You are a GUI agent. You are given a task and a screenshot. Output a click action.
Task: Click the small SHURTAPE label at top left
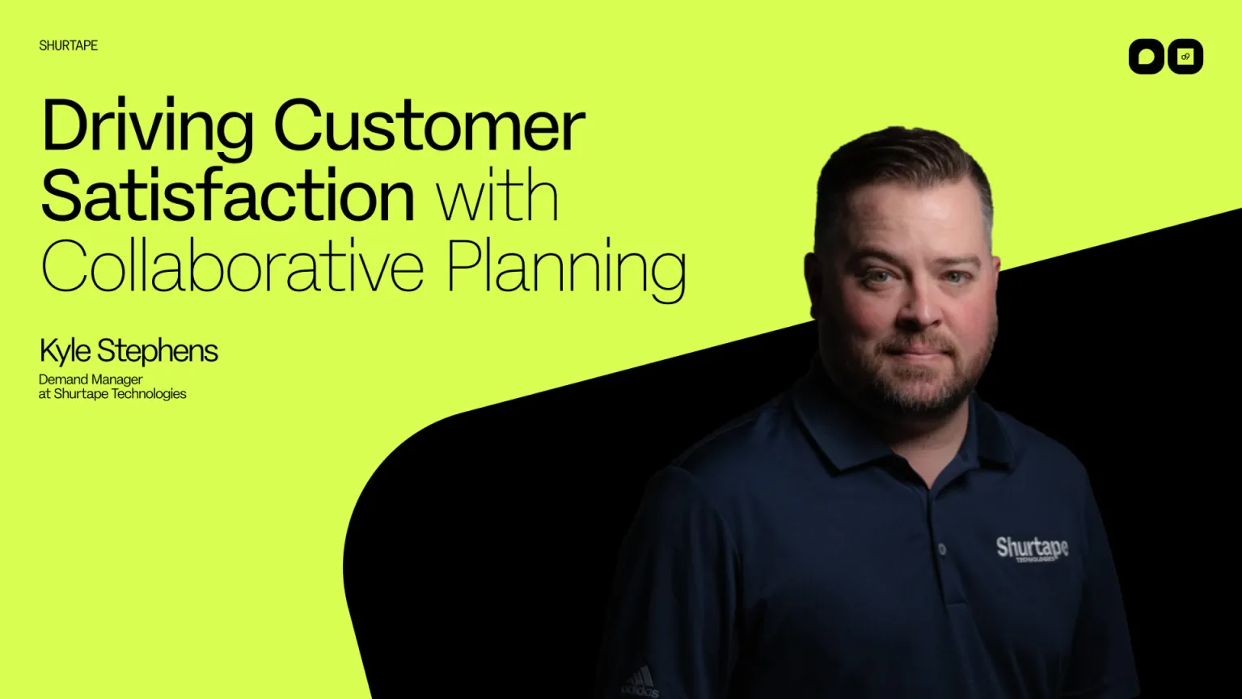click(x=69, y=45)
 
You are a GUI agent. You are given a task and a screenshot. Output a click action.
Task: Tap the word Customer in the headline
click(x=429, y=125)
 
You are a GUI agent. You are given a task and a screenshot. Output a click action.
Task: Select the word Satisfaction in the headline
click(x=228, y=196)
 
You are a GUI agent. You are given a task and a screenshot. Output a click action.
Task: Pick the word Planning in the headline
click(x=566, y=267)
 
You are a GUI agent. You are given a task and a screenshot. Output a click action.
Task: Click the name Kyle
click(x=65, y=352)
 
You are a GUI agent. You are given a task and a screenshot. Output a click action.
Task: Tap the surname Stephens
click(x=158, y=352)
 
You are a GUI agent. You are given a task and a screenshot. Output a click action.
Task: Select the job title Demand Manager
click(x=91, y=379)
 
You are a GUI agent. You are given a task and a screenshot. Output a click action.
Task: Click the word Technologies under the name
click(x=149, y=394)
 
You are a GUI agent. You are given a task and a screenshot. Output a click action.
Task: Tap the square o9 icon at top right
click(x=1185, y=57)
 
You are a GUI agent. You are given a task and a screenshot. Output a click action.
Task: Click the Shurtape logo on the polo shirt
click(x=1032, y=549)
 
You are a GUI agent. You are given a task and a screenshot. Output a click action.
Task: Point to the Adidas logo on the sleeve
click(x=640, y=681)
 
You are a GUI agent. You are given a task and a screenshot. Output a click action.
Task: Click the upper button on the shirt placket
click(x=942, y=549)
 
